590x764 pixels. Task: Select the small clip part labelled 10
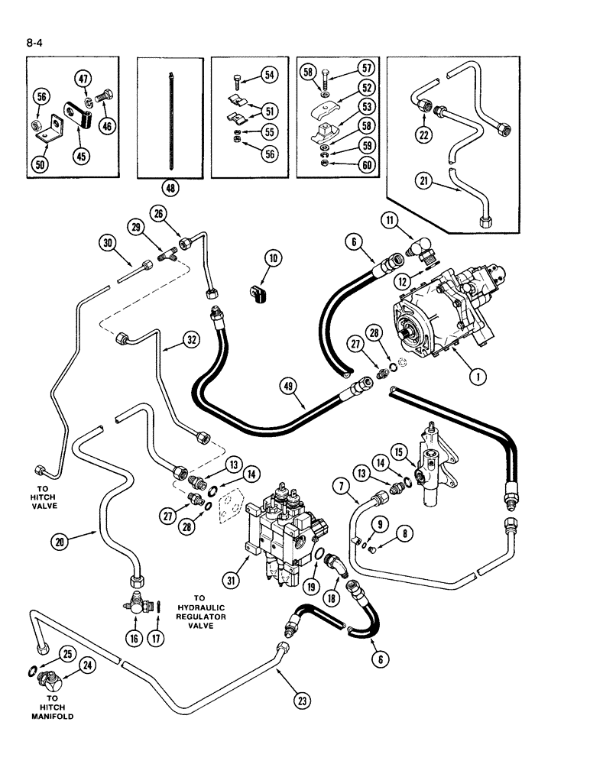click(254, 292)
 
